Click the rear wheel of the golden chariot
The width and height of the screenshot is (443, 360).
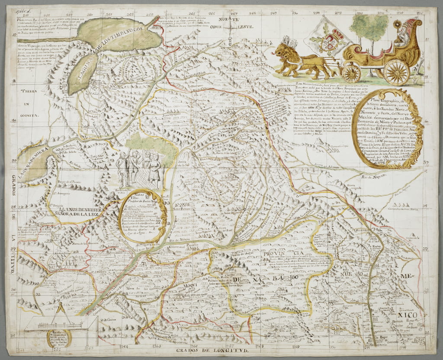click(x=396, y=72)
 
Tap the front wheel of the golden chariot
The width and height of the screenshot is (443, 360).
click(x=351, y=72)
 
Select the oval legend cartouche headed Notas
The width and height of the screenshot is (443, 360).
click(x=143, y=215)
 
